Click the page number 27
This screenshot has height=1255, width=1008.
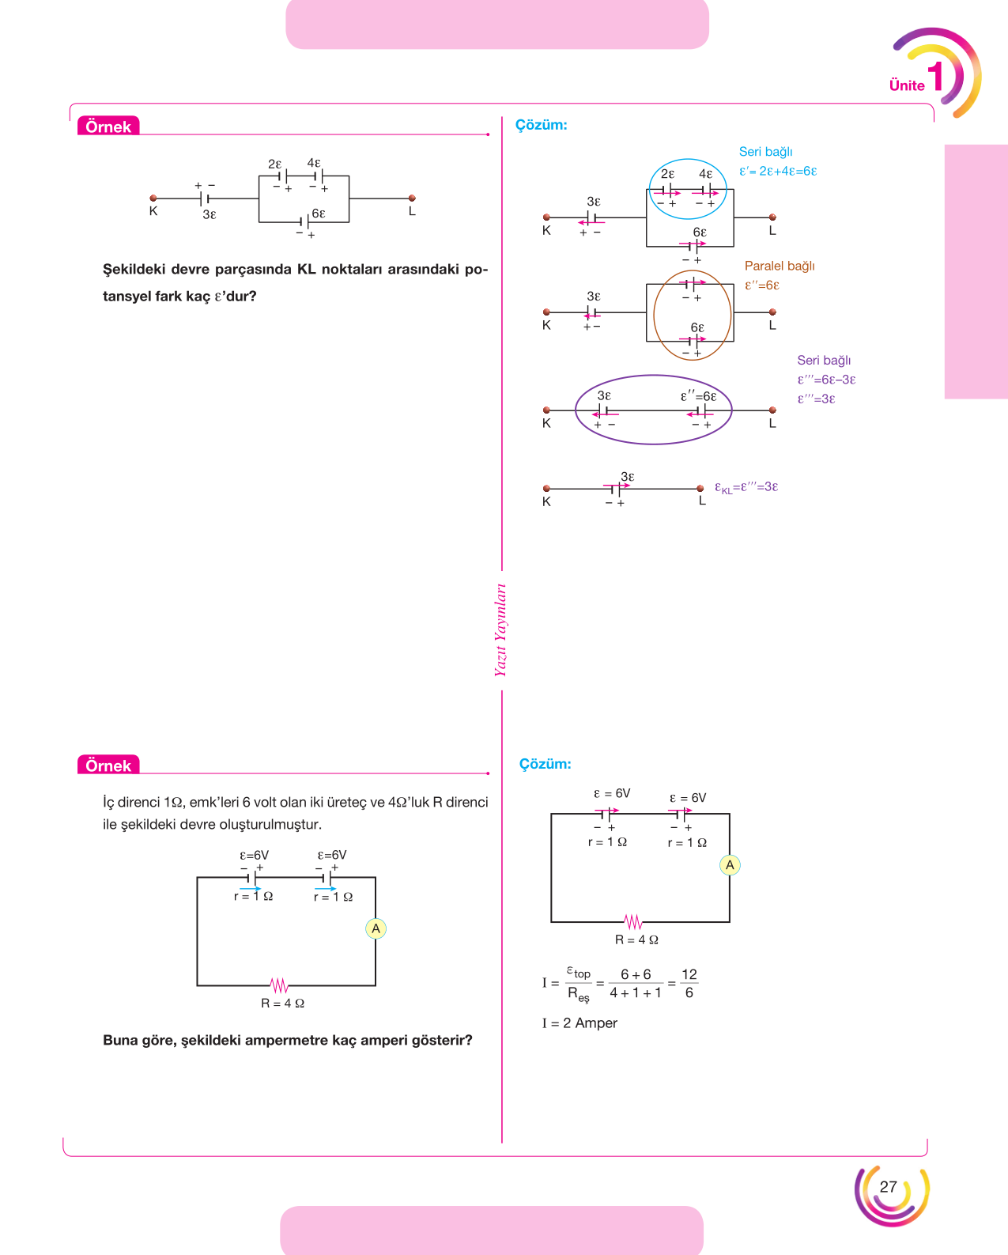pyautogui.click(x=888, y=1187)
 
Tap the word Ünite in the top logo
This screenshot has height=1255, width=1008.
pyautogui.click(x=907, y=85)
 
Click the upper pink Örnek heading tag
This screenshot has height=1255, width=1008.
pyautogui.click(x=108, y=126)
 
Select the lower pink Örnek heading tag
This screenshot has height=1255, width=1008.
pyautogui.click(x=108, y=765)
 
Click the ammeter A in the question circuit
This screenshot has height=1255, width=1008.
pyautogui.click(x=376, y=928)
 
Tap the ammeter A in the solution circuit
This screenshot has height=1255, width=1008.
pyautogui.click(x=730, y=865)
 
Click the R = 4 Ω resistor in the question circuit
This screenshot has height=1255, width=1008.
pyautogui.click(x=279, y=985)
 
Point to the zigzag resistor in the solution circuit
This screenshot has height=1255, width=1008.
pyautogui.click(x=633, y=922)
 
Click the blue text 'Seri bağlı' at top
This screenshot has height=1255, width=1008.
pyautogui.click(x=765, y=152)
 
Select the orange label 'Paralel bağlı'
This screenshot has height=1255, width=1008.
pyautogui.click(x=780, y=266)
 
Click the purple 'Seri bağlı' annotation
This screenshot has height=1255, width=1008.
pyautogui.click(x=824, y=361)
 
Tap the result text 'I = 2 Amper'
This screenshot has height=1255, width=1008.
pyautogui.click(x=580, y=1023)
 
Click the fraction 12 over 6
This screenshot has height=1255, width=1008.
pyautogui.click(x=689, y=983)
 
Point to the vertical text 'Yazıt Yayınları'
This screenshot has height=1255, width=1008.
pyautogui.click(x=500, y=629)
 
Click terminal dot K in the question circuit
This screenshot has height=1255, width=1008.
pyautogui.click(x=153, y=198)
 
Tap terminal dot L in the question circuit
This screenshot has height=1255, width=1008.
pyautogui.click(x=412, y=198)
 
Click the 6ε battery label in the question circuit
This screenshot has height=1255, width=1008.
pyautogui.click(x=319, y=214)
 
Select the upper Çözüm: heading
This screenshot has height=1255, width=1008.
pyautogui.click(x=541, y=125)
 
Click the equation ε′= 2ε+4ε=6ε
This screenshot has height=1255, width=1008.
pyautogui.click(x=778, y=172)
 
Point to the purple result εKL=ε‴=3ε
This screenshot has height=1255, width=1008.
pyautogui.click(x=746, y=488)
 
